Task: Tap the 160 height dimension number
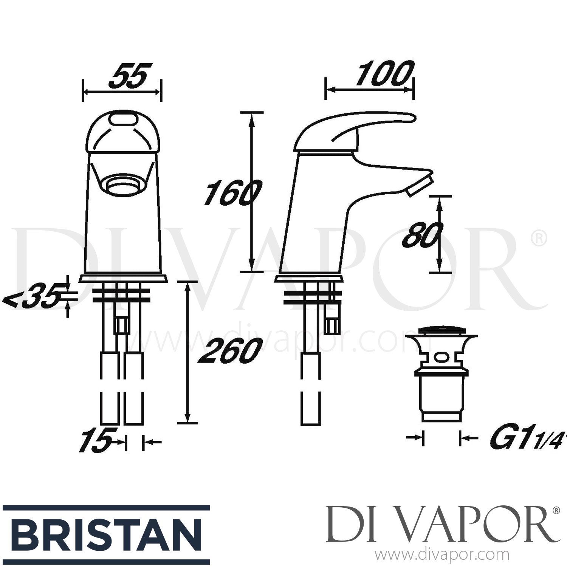231,193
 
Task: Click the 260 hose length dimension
231,351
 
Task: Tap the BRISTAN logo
106,535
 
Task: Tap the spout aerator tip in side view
420,187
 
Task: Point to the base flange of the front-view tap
123,279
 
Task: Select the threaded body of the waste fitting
442,397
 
